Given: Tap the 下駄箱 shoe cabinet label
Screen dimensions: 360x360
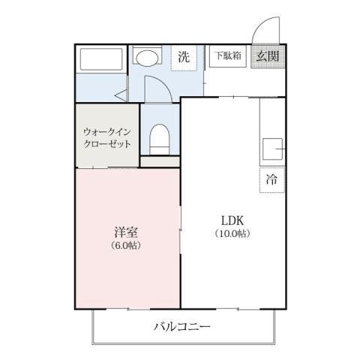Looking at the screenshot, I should [227, 55].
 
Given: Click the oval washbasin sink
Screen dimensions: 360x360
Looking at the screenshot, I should [148, 58].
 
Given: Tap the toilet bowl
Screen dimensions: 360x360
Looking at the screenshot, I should [160, 139].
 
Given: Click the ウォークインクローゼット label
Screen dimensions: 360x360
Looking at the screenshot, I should [107, 137].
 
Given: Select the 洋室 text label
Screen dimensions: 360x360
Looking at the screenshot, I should [125, 232].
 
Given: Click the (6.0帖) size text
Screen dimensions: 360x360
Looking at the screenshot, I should [125, 245].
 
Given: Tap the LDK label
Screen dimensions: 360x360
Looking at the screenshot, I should [232, 220].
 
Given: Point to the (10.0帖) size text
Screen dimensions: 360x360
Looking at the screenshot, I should [232, 233].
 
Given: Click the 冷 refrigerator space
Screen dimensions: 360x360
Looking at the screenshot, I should [271, 178].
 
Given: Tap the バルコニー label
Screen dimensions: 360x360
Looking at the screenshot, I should [182, 326].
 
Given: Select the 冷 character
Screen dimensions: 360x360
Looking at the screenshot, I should [271, 178].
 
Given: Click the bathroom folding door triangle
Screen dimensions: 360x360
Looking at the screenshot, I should [121, 94].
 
